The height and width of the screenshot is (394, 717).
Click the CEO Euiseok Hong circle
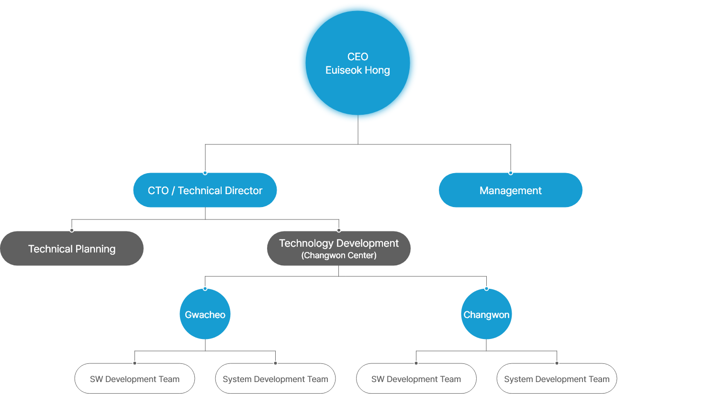358,63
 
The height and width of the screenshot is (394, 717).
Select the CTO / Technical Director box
205,190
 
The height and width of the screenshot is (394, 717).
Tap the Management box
510,190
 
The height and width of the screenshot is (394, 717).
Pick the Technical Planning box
72,249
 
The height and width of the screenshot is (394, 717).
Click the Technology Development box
338,248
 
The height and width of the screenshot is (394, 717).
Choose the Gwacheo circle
205,314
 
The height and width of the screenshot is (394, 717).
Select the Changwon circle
486,314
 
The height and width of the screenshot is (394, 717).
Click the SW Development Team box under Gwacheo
134,379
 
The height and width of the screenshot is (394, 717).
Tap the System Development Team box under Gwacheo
275,379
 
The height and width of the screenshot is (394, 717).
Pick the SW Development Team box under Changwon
416,379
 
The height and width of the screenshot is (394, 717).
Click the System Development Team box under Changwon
557,379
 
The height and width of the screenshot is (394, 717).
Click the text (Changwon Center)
339,255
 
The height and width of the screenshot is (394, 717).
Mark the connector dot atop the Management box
511,173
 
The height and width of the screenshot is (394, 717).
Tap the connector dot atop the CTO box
205,173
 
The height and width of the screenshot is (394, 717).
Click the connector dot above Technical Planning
72,230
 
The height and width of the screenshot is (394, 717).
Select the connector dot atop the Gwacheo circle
205,288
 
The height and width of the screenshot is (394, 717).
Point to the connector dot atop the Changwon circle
486,288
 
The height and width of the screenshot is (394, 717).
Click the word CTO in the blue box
158,190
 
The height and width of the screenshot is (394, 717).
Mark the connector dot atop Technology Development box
339,230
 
